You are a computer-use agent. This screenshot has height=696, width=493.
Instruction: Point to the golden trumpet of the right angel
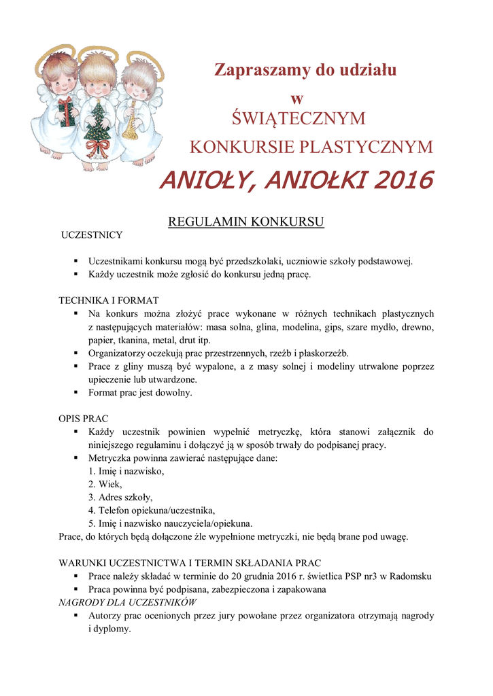click(129, 122)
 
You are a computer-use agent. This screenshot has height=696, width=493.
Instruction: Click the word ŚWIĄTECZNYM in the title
click(299, 119)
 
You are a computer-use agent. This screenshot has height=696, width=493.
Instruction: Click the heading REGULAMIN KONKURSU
click(245, 222)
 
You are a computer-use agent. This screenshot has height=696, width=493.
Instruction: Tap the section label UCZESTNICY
click(92, 235)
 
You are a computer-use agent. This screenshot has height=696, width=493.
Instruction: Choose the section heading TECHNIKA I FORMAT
click(109, 300)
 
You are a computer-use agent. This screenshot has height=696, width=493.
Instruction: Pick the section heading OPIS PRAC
click(84, 418)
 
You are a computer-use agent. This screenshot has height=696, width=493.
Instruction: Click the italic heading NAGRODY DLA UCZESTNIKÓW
click(127, 602)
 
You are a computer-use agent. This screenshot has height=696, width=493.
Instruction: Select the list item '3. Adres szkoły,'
click(120, 497)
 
